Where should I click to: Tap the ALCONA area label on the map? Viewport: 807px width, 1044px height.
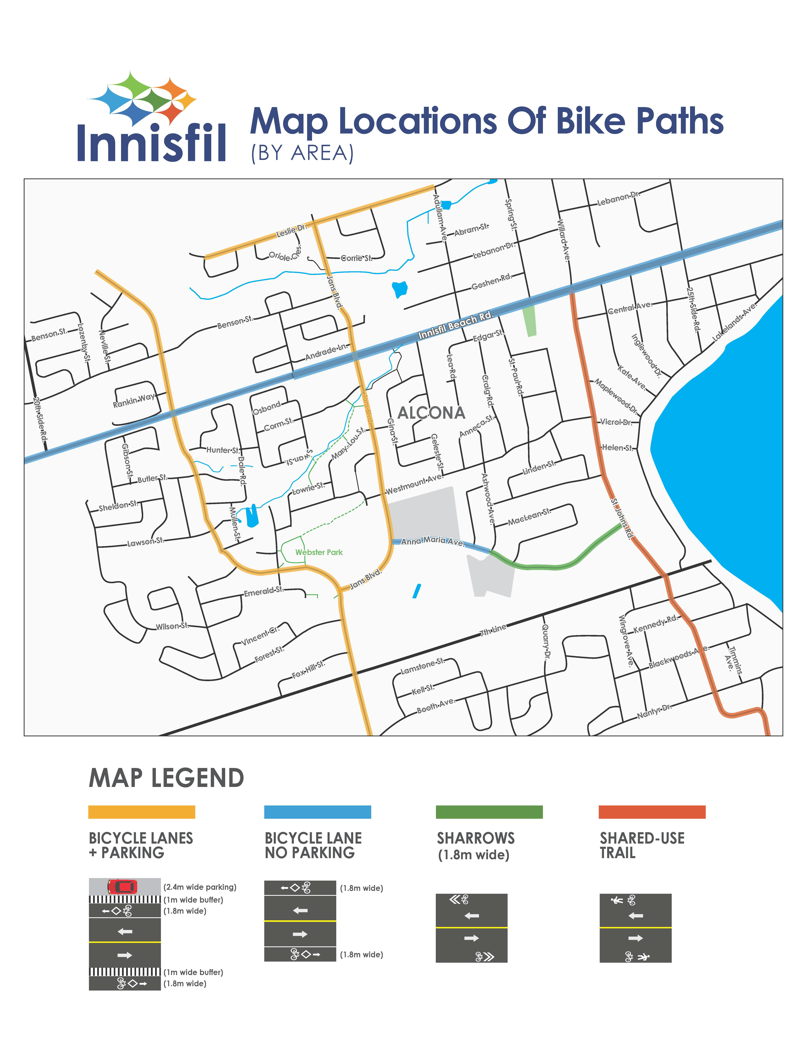pos(431,413)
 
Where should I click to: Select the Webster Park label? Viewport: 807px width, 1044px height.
pos(319,552)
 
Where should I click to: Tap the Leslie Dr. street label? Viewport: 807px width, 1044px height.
pos(291,231)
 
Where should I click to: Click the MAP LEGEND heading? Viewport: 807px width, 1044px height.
pos(166,778)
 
